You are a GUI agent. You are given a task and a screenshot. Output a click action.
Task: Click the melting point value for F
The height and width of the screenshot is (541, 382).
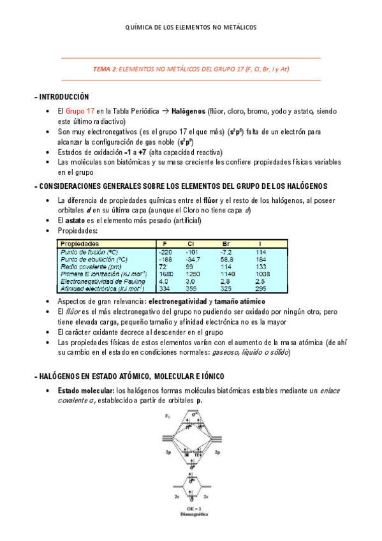pyautogui.click(x=165, y=253)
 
